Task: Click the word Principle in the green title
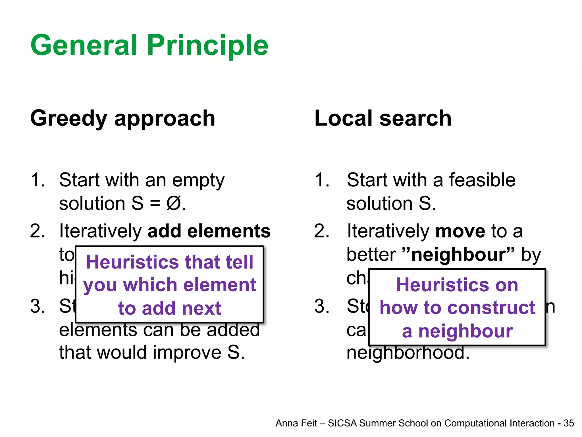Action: pos(207,46)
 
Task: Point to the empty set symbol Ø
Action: pos(174,204)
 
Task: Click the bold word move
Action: pos(460,231)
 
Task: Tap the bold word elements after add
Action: pos(229,231)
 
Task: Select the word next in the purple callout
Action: pos(202,308)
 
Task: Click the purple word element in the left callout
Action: pos(220,285)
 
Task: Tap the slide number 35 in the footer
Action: pos(569,423)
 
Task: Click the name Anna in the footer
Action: pos(286,423)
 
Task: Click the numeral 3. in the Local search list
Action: pos(322,307)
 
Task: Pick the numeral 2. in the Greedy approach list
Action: pos(38,231)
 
